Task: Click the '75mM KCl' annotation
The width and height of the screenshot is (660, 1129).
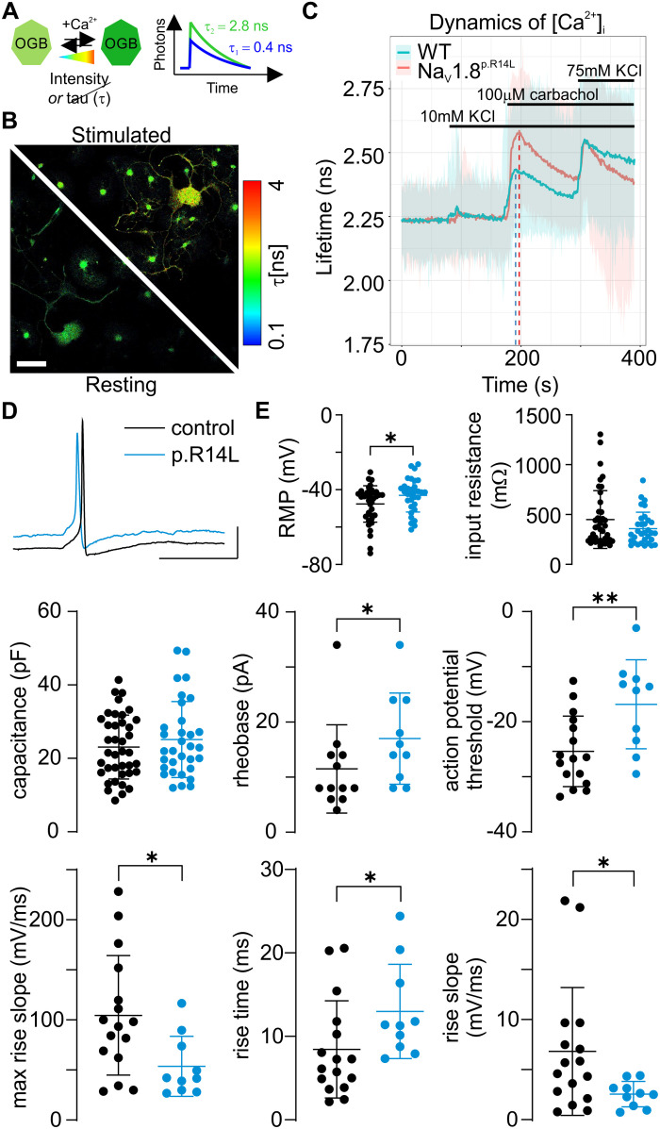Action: [602, 71]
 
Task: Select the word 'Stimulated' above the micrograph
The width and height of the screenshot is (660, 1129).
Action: [121, 135]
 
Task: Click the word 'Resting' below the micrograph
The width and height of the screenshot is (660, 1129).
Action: [121, 385]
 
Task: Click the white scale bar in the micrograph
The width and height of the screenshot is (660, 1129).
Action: [32, 363]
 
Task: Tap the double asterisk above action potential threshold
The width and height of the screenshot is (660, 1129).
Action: [603, 598]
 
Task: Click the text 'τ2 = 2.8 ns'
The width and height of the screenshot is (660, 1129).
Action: [234, 26]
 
